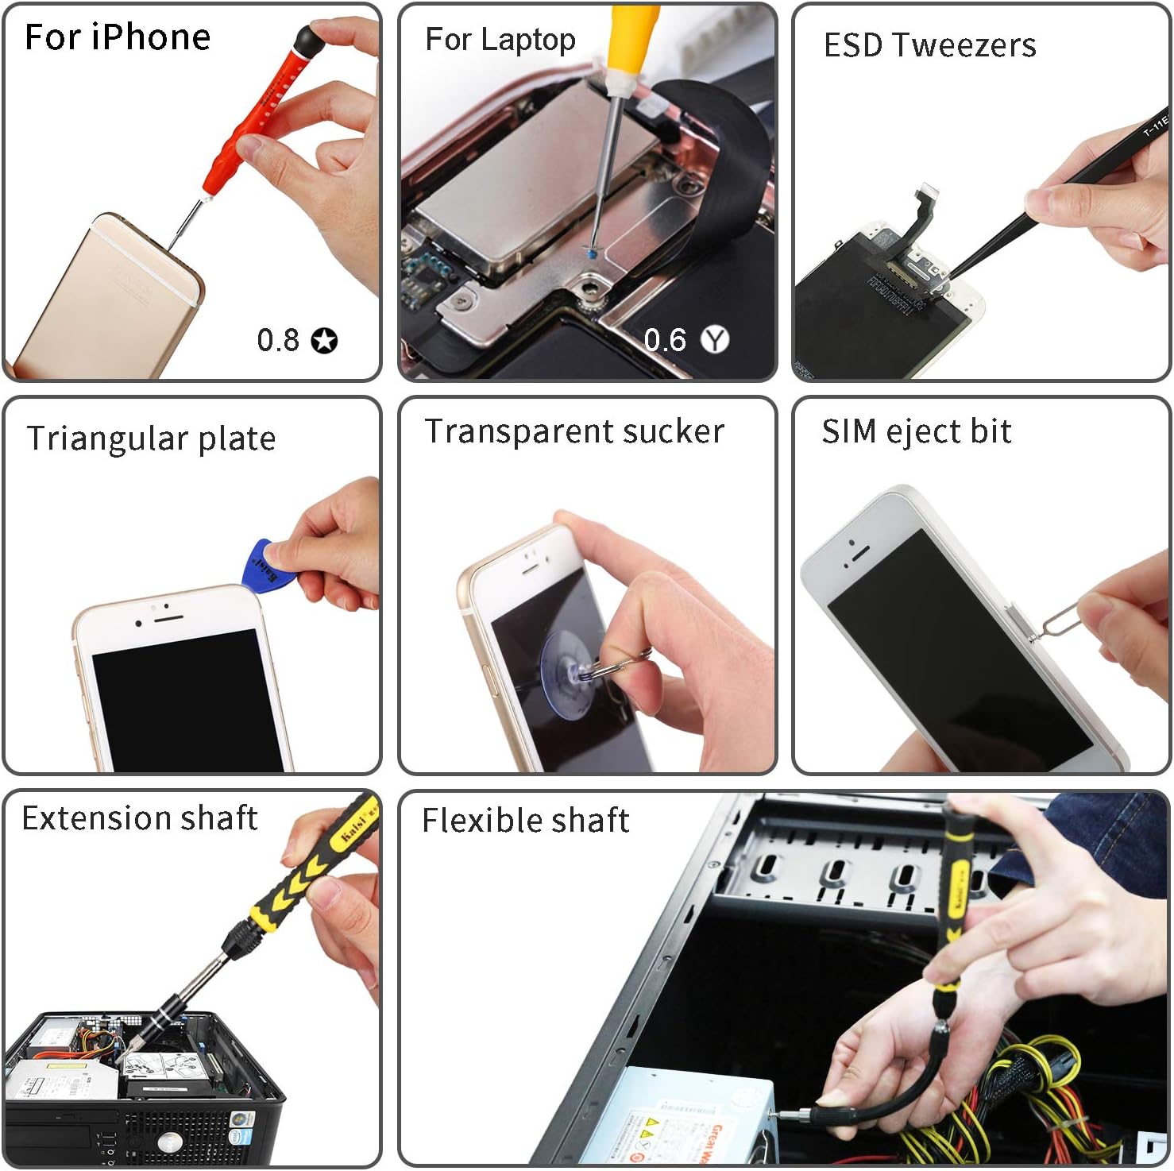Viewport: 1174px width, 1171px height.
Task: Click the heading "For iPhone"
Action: click(x=118, y=37)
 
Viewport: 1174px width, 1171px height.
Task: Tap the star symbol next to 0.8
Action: click(x=324, y=341)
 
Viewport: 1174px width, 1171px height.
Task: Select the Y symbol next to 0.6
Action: click(x=716, y=340)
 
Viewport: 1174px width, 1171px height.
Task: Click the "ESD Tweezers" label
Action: click(x=929, y=45)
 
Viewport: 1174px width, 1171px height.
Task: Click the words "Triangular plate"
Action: click(x=151, y=439)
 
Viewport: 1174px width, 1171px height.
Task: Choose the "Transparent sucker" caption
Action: click(x=574, y=431)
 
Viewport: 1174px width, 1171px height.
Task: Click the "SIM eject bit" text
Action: click(x=916, y=431)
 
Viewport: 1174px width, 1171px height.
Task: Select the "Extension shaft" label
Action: click(x=140, y=818)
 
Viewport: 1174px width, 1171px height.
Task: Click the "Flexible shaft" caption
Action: click(x=525, y=821)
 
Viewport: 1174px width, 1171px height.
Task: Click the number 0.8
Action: click(x=278, y=341)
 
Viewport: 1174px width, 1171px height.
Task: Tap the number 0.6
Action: click(x=665, y=341)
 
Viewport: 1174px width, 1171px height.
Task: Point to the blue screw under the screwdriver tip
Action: click(x=593, y=253)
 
